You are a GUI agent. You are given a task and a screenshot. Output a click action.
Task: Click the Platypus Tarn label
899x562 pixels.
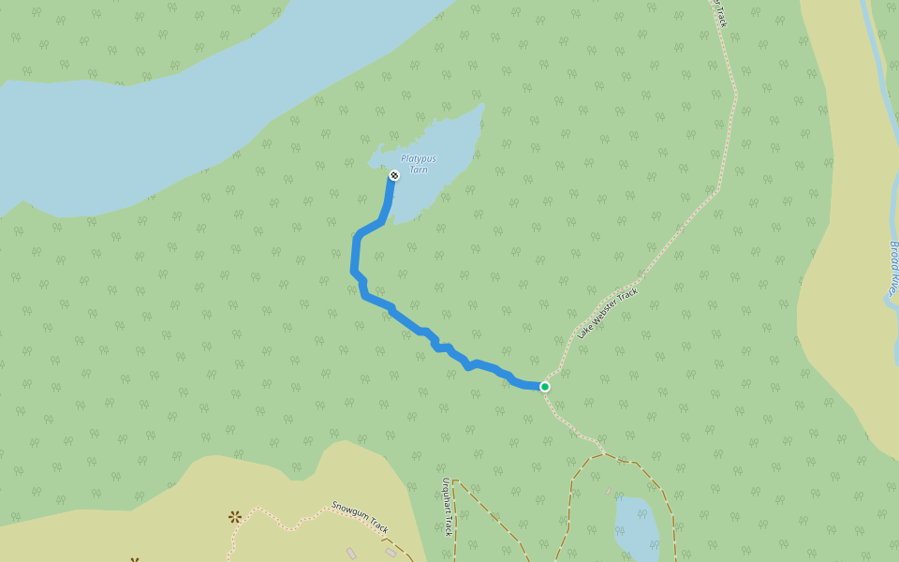click(x=419, y=163)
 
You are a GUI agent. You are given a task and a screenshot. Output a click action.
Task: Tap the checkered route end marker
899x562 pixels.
click(x=394, y=175)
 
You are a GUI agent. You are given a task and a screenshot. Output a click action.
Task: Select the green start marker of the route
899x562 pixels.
click(x=544, y=386)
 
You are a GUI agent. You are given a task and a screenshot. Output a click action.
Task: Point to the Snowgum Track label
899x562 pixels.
click(x=360, y=516)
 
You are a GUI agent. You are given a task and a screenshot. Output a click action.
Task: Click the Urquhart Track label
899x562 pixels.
click(x=447, y=507)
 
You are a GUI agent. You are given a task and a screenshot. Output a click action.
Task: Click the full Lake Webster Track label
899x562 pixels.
click(x=608, y=313)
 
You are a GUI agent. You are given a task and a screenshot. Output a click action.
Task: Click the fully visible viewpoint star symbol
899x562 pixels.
click(x=234, y=516)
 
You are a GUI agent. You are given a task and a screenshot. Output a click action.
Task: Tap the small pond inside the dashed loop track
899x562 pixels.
click(x=636, y=525)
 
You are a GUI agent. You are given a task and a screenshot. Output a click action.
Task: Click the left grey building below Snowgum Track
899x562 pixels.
click(x=351, y=553)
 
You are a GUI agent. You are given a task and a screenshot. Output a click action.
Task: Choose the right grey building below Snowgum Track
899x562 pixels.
click(x=391, y=553)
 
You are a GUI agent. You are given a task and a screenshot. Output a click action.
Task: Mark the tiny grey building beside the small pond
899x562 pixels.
click(x=608, y=490)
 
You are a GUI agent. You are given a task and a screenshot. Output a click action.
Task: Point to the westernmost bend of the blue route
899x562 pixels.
click(x=354, y=272)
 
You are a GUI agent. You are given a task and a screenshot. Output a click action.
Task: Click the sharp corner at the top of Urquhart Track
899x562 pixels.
click(x=453, y=481)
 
